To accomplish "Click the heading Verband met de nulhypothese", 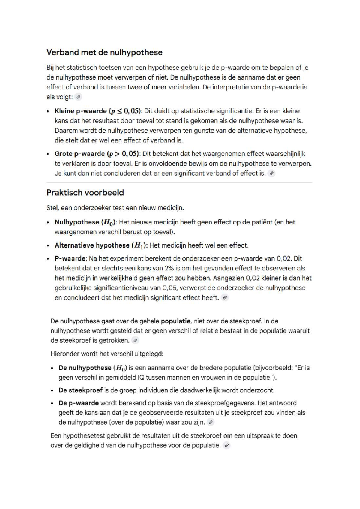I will (x=104, y=52).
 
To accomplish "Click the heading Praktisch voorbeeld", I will (x=85, y=192).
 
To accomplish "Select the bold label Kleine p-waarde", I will (x=80, y=111).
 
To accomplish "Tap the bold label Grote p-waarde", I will (x=79, y=154).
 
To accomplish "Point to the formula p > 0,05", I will (x=124, y=154).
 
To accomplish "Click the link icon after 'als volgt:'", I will (x=79, y=97).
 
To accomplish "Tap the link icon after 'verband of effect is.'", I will (x=271, y=173).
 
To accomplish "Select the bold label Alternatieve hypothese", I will (x=92, y=245).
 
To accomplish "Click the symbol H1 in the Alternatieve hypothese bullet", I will (x=138, y=245).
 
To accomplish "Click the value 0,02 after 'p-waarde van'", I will (x=283, y=258).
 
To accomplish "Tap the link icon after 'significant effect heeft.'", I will (x=225, y=298).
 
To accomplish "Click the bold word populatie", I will (x=175, y=321).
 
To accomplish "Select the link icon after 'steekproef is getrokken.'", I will (x=136, y=340).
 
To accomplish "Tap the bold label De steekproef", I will (x=80, y=390).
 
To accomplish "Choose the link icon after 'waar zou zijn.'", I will (x=211, y=422).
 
